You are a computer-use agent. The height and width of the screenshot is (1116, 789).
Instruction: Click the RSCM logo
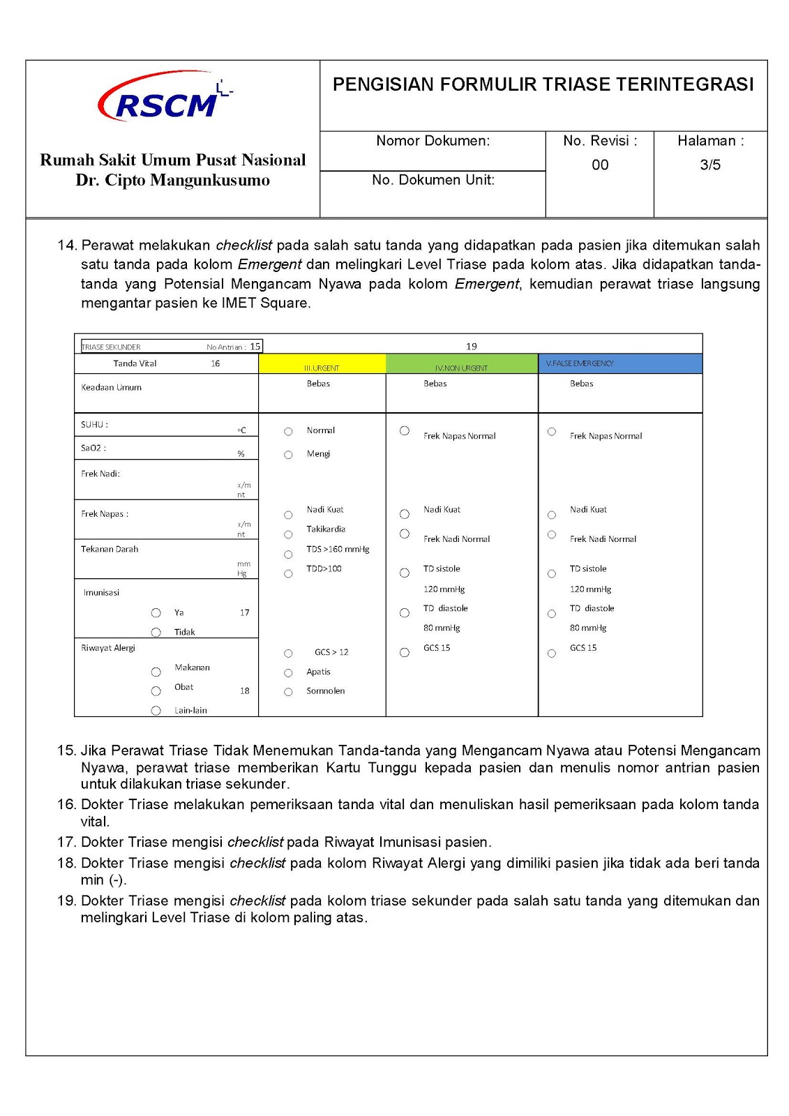pos(165,98)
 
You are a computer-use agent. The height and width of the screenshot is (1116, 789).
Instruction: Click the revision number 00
pos(600,165)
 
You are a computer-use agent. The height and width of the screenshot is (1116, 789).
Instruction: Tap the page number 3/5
pos(710,165)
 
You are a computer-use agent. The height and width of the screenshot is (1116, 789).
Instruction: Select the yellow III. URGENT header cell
pos(322,364)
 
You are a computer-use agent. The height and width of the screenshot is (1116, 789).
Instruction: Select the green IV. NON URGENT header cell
pos(461,364)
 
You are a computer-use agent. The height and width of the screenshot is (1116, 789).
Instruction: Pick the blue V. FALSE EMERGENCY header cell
pos(620,363)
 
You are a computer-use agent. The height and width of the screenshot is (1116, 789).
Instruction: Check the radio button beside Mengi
pos(288,455)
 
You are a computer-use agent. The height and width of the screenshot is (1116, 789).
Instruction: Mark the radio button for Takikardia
pos(288,535)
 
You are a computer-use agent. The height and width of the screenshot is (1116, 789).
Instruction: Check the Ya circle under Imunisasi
pos(156,613)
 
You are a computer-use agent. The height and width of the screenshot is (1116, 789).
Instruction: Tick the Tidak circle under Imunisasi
pos(156,633)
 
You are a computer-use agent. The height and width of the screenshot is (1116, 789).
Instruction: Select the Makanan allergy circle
pos(156,672)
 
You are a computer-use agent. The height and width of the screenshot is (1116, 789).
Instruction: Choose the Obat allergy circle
pos(156,691)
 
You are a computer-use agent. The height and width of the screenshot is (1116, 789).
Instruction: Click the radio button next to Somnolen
pos(288,692)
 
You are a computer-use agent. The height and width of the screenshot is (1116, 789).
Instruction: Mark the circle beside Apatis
pos(288,673)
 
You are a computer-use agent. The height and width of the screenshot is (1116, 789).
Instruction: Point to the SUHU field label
pos(94,425)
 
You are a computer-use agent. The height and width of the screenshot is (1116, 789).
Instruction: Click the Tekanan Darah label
pos(110,550)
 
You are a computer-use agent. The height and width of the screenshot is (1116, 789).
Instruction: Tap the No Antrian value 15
pos(255,347)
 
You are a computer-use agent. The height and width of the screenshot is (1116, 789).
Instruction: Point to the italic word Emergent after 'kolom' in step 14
pos(269,265)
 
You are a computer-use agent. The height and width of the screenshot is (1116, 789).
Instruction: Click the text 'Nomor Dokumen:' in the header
pos(433,141)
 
